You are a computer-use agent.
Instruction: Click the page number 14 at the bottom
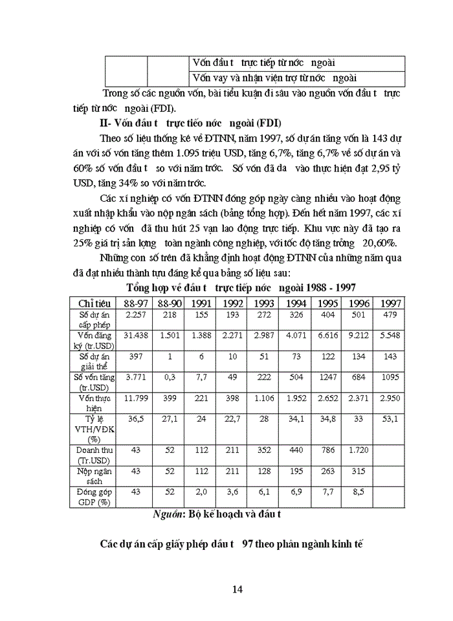point(236,589)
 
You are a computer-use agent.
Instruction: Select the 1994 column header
point(296,303)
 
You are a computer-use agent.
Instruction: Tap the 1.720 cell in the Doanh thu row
point(359,448)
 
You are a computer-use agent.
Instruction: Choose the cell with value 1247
point(327,377)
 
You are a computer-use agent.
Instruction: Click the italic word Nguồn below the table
point(167,515)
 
